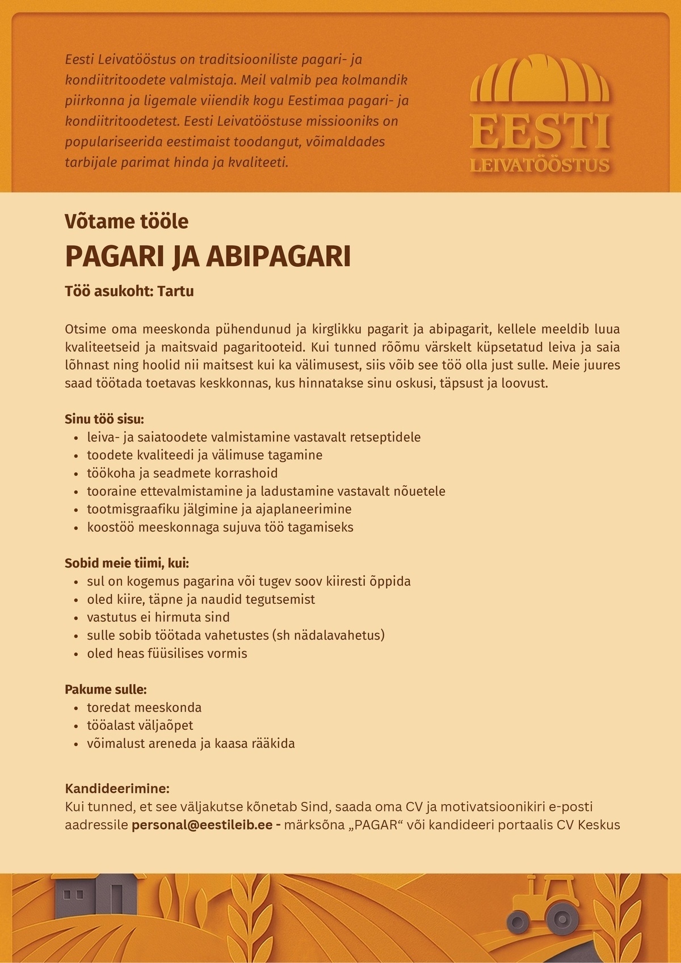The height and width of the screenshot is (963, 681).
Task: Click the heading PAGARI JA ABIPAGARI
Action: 208,256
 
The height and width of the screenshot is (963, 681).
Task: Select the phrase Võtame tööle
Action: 127,221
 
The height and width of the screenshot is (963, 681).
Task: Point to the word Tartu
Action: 175,292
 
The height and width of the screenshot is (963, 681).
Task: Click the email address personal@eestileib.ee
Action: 202,825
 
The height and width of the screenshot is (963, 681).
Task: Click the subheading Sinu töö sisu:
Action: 104,420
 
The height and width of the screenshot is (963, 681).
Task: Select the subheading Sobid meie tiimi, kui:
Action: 127,563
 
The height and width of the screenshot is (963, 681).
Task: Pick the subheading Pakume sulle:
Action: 106,690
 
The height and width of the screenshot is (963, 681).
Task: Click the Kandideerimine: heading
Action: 117,789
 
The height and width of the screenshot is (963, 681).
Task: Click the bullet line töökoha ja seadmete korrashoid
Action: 182,473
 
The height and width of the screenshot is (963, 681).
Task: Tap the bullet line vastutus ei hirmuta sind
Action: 158,617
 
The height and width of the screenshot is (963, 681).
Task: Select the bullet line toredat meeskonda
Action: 144,708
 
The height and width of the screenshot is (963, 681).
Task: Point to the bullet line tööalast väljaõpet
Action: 140,726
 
